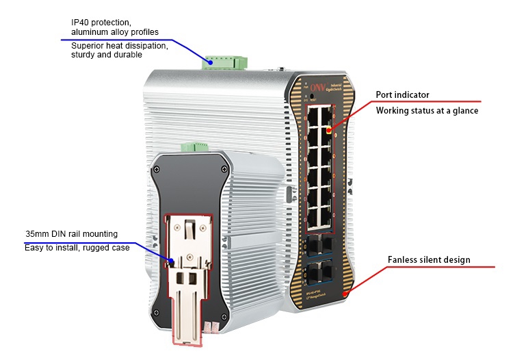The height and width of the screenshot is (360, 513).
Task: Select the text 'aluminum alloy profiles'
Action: coord(114,32)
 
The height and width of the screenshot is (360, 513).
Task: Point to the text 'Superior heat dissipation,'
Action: coord(120,46)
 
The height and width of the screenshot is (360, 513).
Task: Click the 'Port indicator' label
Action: coord(403,95)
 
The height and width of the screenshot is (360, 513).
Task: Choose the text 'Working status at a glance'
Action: coord(427,110)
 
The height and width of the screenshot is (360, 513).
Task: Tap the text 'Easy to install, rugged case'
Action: coord(77,248)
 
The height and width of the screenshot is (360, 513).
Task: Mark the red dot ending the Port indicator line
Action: coord(330,129)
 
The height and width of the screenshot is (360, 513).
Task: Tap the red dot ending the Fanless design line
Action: coord(346,293)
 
